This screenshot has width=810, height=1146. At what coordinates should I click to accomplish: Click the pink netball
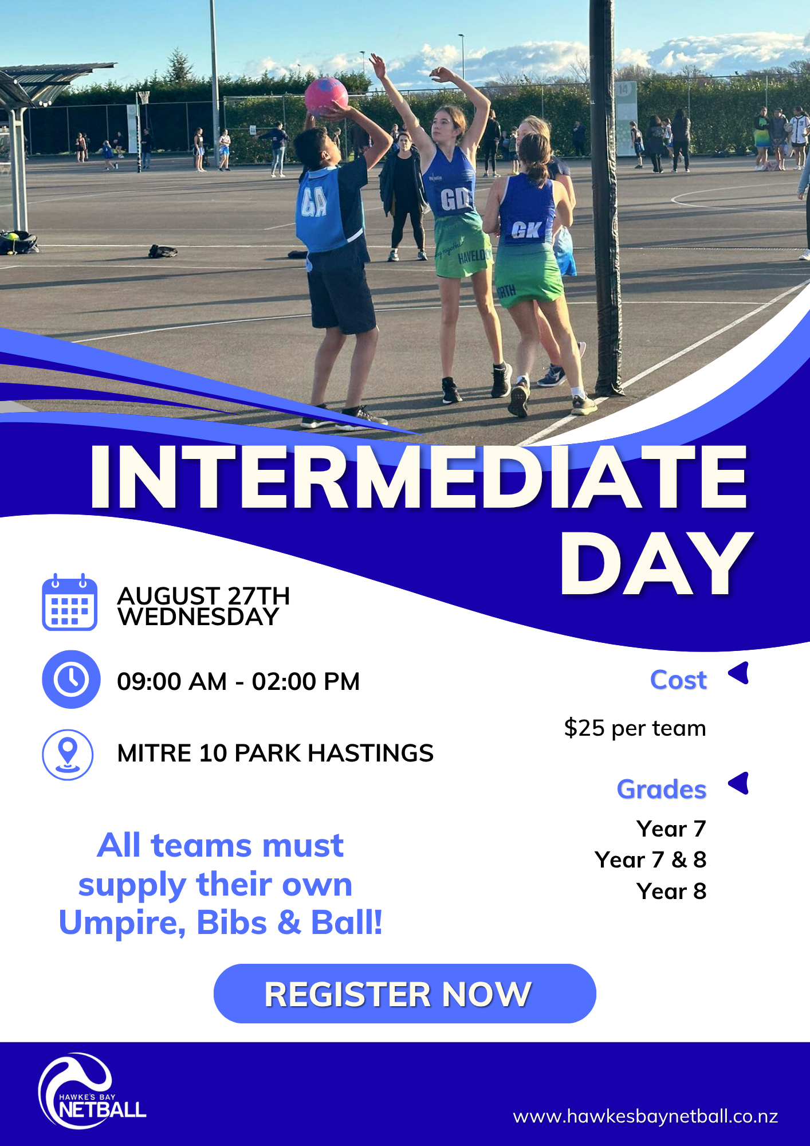327,96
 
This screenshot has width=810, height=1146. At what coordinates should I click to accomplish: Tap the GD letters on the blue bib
455,200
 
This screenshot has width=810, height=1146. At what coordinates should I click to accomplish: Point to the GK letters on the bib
526,230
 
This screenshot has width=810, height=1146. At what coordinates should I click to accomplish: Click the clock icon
71,680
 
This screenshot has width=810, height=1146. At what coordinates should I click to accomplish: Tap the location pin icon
68,754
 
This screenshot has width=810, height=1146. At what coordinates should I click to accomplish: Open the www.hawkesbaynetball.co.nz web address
645,1116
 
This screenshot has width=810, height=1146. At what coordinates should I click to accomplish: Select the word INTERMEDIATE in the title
419,477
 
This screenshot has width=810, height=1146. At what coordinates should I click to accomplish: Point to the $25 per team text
635,728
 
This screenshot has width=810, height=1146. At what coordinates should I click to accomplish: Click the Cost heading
678,680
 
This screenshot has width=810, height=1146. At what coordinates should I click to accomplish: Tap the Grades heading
662,790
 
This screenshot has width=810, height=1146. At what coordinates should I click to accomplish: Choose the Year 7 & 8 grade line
651,860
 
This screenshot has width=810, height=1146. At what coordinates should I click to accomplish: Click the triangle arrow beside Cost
740,673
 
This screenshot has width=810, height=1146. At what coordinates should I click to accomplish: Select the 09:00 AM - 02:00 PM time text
238,682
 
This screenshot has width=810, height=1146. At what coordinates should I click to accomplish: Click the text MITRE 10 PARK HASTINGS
275,753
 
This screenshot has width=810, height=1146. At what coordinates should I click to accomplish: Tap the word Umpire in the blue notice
121,923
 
